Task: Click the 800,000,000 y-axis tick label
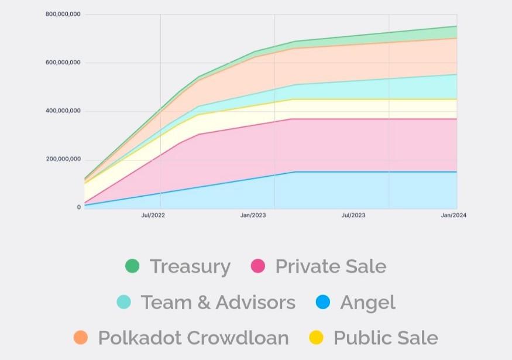click(63, 14)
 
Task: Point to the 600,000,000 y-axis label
click(63, 63)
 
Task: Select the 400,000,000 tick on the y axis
click(63, 111)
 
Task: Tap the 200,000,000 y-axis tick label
click(63, 160)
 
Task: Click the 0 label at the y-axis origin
click(79, 207)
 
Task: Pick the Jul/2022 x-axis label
click(153, 215)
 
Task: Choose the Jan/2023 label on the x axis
click(253, 215)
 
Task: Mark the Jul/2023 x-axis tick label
click(353, 215)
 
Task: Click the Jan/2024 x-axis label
click(453, 215)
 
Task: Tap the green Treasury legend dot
click(132, 266)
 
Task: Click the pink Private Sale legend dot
click(258, 266)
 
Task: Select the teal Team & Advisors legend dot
click(123, 302)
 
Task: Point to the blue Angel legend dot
click(323, 302)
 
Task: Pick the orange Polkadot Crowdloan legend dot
click(81, 338)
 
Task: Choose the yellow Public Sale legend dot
click(316, 338)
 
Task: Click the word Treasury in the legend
click(190, 267)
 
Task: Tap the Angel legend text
click(367, 303)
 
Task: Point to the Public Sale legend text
click(386, 338)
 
